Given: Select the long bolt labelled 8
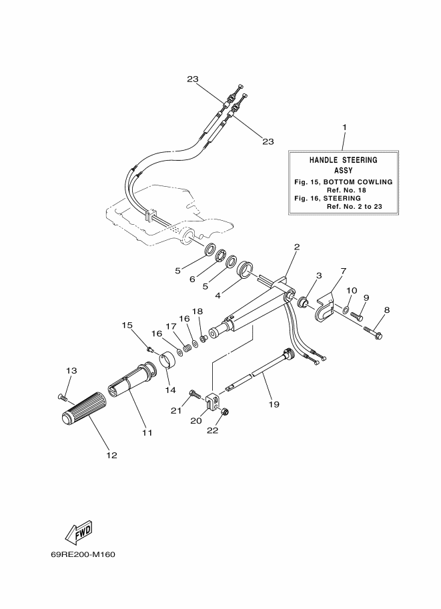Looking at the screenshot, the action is pyautogui.click(x=374, y=332).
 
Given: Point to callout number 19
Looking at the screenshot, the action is pyautogui.click(x=274, y=404).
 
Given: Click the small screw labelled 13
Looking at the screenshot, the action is pyautogui.click(x=62, y=397).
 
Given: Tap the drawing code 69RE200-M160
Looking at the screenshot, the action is pyautogui.click(x=83, y=554).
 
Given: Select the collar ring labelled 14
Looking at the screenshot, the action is pyautogui.click(x=168, y=360).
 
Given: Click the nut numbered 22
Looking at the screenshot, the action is pyautogui.click(x=225, y=412).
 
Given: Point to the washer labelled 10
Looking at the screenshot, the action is pyautogui.click(x=346, y=309).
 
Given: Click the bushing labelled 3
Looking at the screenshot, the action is pyautogui.click(x=303, y=301).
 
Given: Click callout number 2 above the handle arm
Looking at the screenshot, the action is pyautogui.click(x=297, y=246).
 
